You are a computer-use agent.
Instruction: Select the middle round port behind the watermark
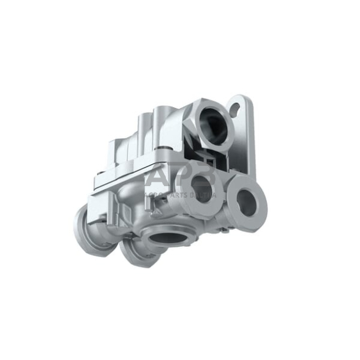click(200, 184)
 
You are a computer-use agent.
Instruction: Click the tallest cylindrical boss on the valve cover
click(163, 122)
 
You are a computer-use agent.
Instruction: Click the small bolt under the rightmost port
click(227, 229)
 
